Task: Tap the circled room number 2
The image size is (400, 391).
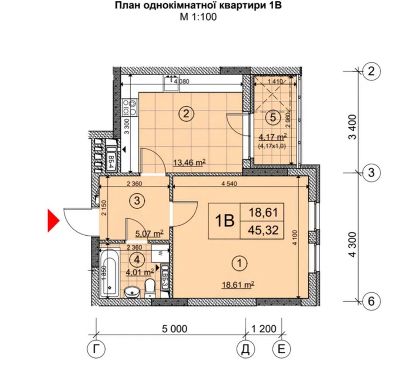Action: (186, 114)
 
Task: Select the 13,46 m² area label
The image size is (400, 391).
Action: (189, 162)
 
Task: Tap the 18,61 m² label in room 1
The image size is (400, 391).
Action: (239, 284)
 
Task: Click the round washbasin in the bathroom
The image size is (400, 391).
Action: (132, 292)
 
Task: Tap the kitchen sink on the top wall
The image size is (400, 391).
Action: (173, 83)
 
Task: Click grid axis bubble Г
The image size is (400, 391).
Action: (95, 349)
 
